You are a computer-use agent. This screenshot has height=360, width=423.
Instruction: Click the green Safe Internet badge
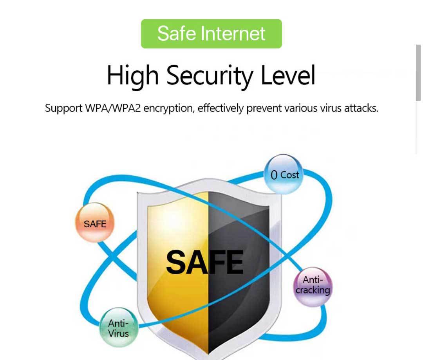pyautogui.click(x=211, y=34)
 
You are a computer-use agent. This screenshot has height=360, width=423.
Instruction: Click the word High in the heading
pyautogui.click(x=132, y=76)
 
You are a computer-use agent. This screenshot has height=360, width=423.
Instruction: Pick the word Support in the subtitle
pyautogui.click(x=64, y=108)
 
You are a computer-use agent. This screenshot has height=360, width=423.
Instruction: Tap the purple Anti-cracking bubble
pyautogui.click(x=313, y=285)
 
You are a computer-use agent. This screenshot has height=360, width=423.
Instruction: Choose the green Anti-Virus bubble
pyautogui.click(x=118, y=328)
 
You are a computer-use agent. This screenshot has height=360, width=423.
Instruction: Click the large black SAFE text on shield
pyautogui.click(x=204, y=262)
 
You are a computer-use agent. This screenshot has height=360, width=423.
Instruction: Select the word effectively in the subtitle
pyautogui.click(x=221, y=108)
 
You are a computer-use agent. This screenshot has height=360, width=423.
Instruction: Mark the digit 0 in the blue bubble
pyautogui.click(x=274, y=175)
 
